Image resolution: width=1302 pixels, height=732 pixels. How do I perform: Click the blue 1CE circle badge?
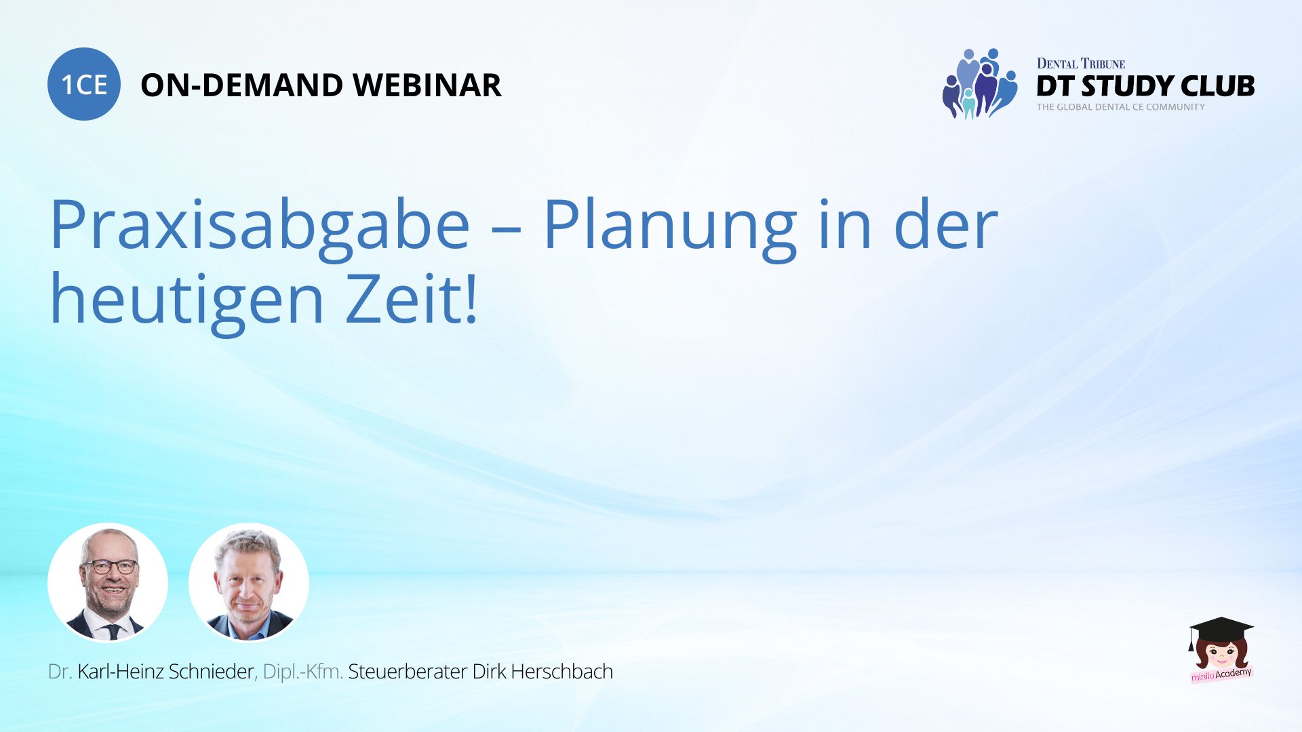(84, 84)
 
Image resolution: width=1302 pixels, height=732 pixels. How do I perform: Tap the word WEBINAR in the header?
(427, 85)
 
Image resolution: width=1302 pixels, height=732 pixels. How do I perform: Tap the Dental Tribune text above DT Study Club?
(1081, 64)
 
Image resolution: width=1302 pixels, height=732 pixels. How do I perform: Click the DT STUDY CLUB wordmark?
(1145, 86)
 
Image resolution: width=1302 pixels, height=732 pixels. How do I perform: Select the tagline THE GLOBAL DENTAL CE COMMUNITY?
(1121, 107)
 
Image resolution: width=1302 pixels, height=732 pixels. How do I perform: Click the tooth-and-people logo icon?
(980, 83)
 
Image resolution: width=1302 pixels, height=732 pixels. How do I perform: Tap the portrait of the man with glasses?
(108, 582)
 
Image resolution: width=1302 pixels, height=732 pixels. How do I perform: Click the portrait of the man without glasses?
(249, 582)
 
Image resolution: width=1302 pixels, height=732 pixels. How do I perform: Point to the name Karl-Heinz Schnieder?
(165, 672)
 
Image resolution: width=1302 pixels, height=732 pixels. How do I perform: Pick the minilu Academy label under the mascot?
(1222, 674)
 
